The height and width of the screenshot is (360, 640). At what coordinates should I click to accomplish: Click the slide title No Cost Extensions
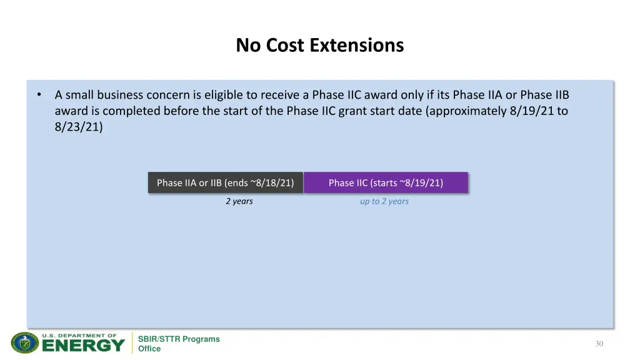(x=319, y=46)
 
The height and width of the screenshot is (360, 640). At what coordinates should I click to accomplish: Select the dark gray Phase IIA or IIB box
(x=225, y=182)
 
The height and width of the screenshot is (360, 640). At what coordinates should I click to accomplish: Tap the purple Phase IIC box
(x=386, y=182)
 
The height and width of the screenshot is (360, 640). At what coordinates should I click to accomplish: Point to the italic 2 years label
(x=239, y=201)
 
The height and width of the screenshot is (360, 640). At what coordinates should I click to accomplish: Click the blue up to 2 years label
(x=384, y=201)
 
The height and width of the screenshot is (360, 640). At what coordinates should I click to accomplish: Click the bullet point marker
(x=39, y=95)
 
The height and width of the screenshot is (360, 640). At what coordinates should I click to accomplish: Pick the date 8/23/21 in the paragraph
(x=78, y=127)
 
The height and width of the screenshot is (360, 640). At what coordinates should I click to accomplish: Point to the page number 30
(x=599, y=343)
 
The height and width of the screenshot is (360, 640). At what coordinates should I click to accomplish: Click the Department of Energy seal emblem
(x=25, y=343)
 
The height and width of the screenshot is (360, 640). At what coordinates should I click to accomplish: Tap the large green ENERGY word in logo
(x=83, y=346)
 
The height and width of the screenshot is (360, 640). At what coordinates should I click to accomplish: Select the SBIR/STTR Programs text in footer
(x=179, y=339)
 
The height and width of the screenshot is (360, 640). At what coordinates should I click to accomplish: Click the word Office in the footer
(x=149, y=349)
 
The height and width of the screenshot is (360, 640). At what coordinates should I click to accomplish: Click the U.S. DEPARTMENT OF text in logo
(x=79, y=335)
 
